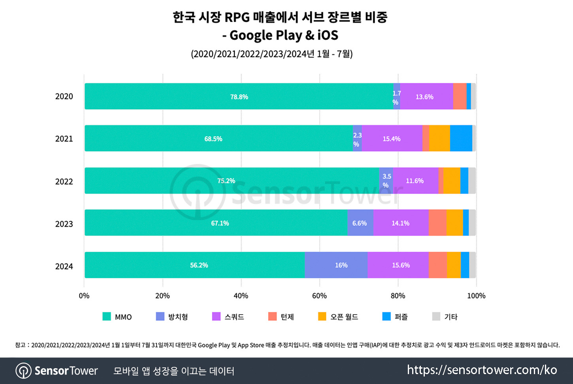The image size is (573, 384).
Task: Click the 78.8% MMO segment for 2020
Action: click(x=239, y=97)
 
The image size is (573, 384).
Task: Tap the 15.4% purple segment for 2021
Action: click(x=392, y=139)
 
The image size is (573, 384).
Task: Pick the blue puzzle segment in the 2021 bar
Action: click(x=461, y=139)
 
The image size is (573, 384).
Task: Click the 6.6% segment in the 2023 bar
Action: click(x=360, y=223)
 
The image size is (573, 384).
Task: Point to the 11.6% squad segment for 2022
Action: click(x=415, y=181)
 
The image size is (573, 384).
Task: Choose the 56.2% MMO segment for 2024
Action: click(x=199, y=265)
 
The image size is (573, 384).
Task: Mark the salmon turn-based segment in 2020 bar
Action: click(x=460, y=97)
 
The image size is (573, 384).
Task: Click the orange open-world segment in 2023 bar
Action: click(x=454, y=223)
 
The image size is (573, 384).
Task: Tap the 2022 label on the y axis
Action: click(x=64, y=182)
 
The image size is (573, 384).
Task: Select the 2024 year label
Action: click(x=64, y=266)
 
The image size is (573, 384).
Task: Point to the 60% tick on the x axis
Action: click(x=319, y=296)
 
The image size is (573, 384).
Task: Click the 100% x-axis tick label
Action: click(x=476, y=296)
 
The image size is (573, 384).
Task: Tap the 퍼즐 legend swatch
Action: click(x=386, y=316)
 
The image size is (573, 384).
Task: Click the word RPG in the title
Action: click(x=237, y=17)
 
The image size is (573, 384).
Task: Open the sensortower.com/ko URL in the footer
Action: click(x=482, y=370)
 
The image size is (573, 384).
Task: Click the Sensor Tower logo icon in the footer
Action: click(x=23, y=371)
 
